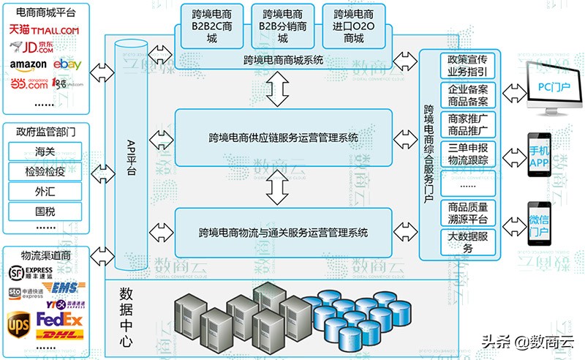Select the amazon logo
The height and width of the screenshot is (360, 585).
[x=28, y=65]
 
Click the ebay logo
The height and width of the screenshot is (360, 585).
[x=67, y=65]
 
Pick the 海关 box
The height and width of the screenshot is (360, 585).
[x=45, y=151]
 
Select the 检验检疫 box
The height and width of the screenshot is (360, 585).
[x=45, y=171]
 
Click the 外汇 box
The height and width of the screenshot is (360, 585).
[x=45, y=191]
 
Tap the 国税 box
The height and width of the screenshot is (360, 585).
[x=45, y=211]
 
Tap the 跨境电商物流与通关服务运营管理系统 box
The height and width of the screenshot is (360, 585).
[x=282, y=233]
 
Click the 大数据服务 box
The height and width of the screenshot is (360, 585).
[x=468, y=241]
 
